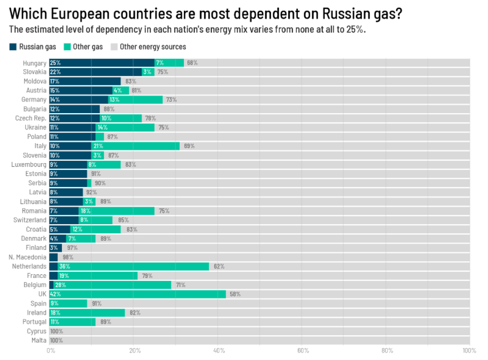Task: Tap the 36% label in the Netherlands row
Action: point(65,267)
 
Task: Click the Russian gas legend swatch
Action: point(13,47)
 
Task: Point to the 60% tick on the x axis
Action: point(303,351)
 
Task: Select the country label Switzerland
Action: point(30,220)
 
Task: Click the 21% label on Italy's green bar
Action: point(98,146)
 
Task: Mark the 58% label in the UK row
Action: point(235,294)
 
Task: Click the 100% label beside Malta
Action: point(56,340)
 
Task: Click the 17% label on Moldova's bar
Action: point(55,82)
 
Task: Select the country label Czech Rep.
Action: point(30,118)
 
